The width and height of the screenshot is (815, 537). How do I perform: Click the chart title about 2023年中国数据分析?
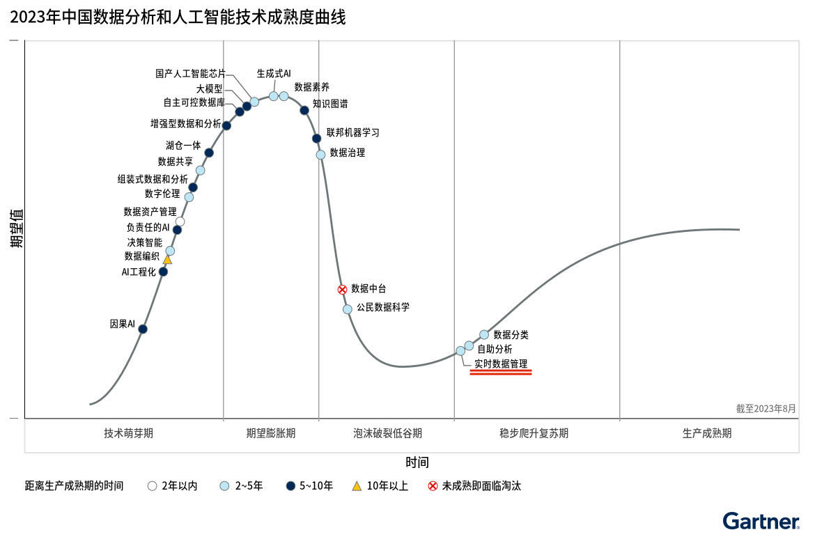[178, 17]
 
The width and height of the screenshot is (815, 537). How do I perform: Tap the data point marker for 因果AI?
[143, 329]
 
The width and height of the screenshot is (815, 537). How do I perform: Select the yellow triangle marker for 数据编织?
[167, 259]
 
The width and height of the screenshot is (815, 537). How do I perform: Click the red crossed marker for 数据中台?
[342, 289]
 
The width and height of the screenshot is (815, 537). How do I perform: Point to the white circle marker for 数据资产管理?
[180, 221]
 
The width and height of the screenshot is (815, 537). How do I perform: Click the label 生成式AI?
[274, 73]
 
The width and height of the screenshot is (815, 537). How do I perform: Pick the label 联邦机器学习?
[353, 132]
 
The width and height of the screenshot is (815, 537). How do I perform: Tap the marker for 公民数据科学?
[348, 309]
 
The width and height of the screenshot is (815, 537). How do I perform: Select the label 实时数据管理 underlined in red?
[501, 364]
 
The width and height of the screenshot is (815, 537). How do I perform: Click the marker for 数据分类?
[484, 334]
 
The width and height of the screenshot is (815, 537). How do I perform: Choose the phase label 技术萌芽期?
[129, 433]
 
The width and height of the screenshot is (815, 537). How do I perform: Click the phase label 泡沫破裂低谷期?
[387, 433]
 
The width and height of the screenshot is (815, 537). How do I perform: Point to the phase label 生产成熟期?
[707, 433]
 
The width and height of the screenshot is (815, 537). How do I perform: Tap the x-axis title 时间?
[417, 462]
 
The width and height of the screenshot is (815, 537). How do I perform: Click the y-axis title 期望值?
[17, 228]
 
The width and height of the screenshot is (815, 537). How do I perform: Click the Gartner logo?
[761, 521]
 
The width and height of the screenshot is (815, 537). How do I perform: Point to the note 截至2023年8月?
[766, 409]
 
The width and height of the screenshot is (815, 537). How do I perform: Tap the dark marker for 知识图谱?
[304, 110]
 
